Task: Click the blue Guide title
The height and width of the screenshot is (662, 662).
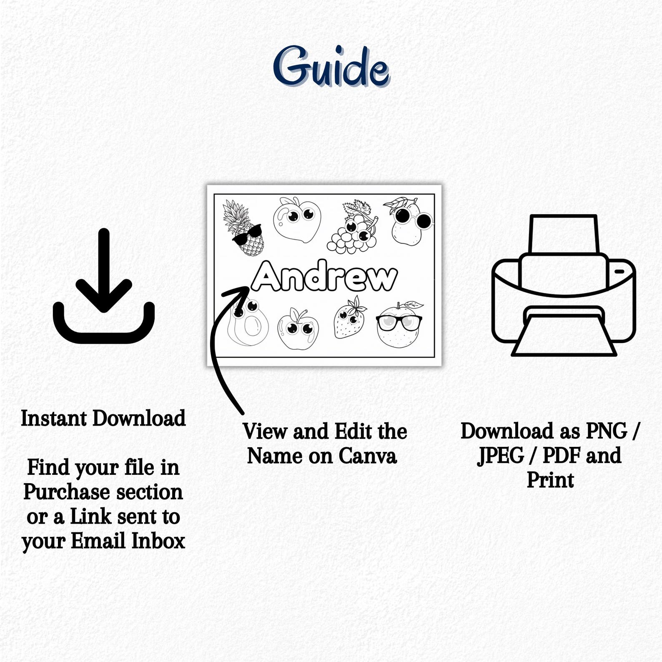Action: [x=331, y=68]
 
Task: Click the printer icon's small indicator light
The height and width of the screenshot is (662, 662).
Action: [x=619, y=271]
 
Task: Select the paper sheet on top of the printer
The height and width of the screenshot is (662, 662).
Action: [x=563, y=233]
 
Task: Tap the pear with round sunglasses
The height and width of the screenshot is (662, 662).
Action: [x=409, y=221]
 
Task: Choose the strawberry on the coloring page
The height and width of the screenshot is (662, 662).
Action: [x=349, y=318]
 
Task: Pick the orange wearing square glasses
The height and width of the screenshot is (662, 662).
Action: [x=398, y=325]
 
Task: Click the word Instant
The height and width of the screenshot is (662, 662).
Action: [x=53, y=419]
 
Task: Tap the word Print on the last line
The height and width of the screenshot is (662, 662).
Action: [x=550, y=480]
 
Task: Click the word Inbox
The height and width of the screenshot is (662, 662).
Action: [x=158, y=541]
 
